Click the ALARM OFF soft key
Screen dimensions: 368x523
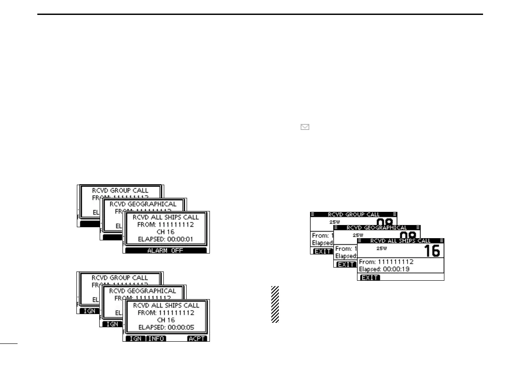pos(166,250)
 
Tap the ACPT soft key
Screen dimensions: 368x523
pos(197,339)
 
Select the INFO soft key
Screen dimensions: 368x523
pos(156,339)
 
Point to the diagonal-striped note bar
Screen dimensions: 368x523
pos(275,304)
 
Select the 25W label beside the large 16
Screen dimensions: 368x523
pos(382,248)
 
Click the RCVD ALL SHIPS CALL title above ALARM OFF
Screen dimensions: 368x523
pos(166,217)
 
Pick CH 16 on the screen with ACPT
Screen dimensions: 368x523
pos(166,320)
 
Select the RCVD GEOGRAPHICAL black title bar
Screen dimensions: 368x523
pos(377,228)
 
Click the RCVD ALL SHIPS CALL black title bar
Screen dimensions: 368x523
pos(400,241)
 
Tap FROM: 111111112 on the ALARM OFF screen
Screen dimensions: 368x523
pos(166,225)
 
